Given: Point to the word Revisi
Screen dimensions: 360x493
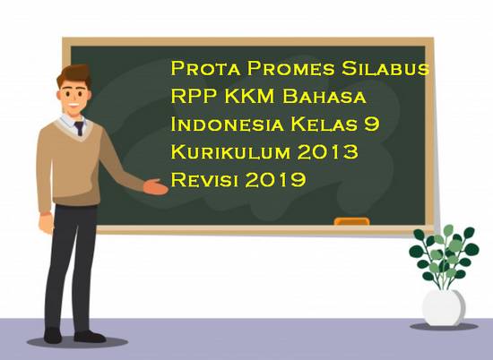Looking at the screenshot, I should [x=202, y=179].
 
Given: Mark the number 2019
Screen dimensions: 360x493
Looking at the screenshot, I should [x=274, y=179].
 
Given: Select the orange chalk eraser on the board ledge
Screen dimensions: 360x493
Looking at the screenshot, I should [x=351, y=220].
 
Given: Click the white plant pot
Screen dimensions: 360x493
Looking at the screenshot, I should [x=444, y=304].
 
